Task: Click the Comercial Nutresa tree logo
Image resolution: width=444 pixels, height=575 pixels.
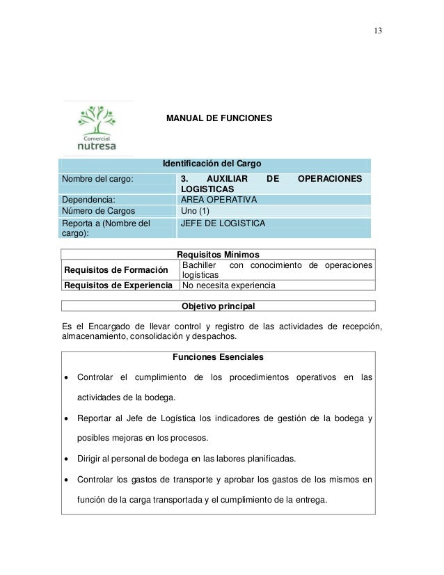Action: [x=97, y=128]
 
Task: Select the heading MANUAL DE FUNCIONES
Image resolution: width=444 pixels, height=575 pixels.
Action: [x=219, y=119]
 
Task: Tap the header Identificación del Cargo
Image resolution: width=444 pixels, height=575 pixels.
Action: [x=212, y=164]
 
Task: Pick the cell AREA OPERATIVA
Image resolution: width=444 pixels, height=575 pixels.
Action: [x=219, y=200]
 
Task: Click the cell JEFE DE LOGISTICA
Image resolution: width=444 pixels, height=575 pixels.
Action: [x=223, y=223]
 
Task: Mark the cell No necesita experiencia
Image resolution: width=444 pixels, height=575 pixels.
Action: [x=228, y=285]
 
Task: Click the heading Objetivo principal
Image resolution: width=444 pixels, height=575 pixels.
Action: [x=218, y=306]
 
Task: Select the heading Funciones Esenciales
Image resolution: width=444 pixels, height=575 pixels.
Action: [x=218, y=357]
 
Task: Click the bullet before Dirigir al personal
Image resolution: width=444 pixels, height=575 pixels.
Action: [x=66, y=459]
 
